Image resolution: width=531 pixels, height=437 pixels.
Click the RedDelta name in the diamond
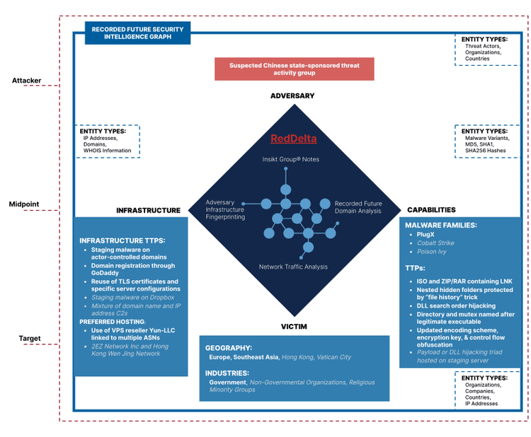[x=294, y=139]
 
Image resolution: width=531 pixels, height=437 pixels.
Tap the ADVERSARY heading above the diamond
[x=292, y=95]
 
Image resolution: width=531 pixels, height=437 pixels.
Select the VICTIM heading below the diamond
[x=294, y=327]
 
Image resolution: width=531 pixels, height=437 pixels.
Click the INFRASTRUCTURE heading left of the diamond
[x=149, y=210]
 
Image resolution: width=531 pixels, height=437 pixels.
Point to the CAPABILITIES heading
[x=431, y=210]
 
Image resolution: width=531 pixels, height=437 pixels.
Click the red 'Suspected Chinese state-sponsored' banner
[x=295, y=69]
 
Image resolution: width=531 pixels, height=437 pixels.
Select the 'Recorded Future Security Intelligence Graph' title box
[x=137, y=33]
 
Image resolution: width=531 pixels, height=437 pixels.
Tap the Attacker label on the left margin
[x=26, y=81]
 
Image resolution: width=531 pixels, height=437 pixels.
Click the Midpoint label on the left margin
[x=24, y=204]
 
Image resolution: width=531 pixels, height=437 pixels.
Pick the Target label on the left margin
[x=29, y=339]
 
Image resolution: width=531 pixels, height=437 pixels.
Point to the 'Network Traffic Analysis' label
[x=293, y=267]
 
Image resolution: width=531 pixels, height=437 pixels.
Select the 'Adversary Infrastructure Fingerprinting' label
[x=225, y=210]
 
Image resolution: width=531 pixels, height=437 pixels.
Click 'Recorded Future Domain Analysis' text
[x=358, y=207]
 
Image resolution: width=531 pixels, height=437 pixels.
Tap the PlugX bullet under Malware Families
[x=426, y=233]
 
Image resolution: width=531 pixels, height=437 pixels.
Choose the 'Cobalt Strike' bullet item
[x=435, y=243]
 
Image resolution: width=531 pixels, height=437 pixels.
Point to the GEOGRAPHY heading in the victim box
[x=229, y=348]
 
